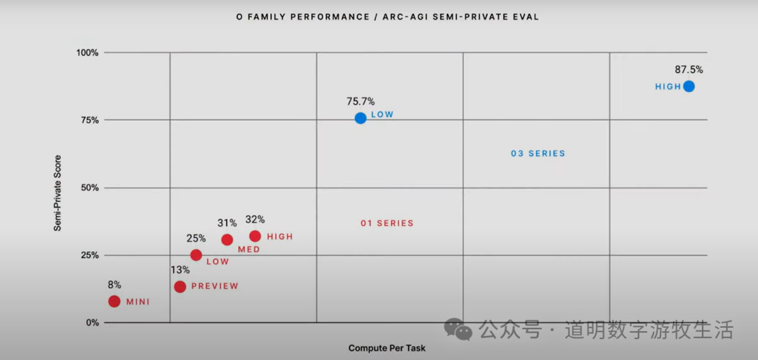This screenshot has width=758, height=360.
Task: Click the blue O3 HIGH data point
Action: [689, 86]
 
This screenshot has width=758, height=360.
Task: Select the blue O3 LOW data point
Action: [360, 118]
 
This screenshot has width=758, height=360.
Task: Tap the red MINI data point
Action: [114, 301]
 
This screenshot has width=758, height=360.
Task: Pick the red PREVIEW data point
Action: [180, 286]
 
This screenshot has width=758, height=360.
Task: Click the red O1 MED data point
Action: [227, 239]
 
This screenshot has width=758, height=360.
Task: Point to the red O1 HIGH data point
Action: [255, 236]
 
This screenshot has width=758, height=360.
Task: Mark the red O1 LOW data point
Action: [196, 255]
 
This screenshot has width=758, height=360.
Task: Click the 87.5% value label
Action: [689, 69]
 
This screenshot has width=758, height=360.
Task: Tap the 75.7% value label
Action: [360, 101]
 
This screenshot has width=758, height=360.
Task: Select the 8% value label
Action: [114, 285]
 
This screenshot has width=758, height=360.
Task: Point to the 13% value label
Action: [180, 269]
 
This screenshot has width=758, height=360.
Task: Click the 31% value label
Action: [227, 222]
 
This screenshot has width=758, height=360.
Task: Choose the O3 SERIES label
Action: [538, 153]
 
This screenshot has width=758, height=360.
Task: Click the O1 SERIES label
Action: [387, 223]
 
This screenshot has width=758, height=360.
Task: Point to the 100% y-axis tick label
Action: [87, 53]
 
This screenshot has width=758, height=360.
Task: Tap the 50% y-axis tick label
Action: [88, 187]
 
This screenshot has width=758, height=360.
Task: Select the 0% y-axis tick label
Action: [92, 323]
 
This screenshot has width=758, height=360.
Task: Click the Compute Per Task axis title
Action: [387, 348]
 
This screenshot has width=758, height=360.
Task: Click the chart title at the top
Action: [387, 17]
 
